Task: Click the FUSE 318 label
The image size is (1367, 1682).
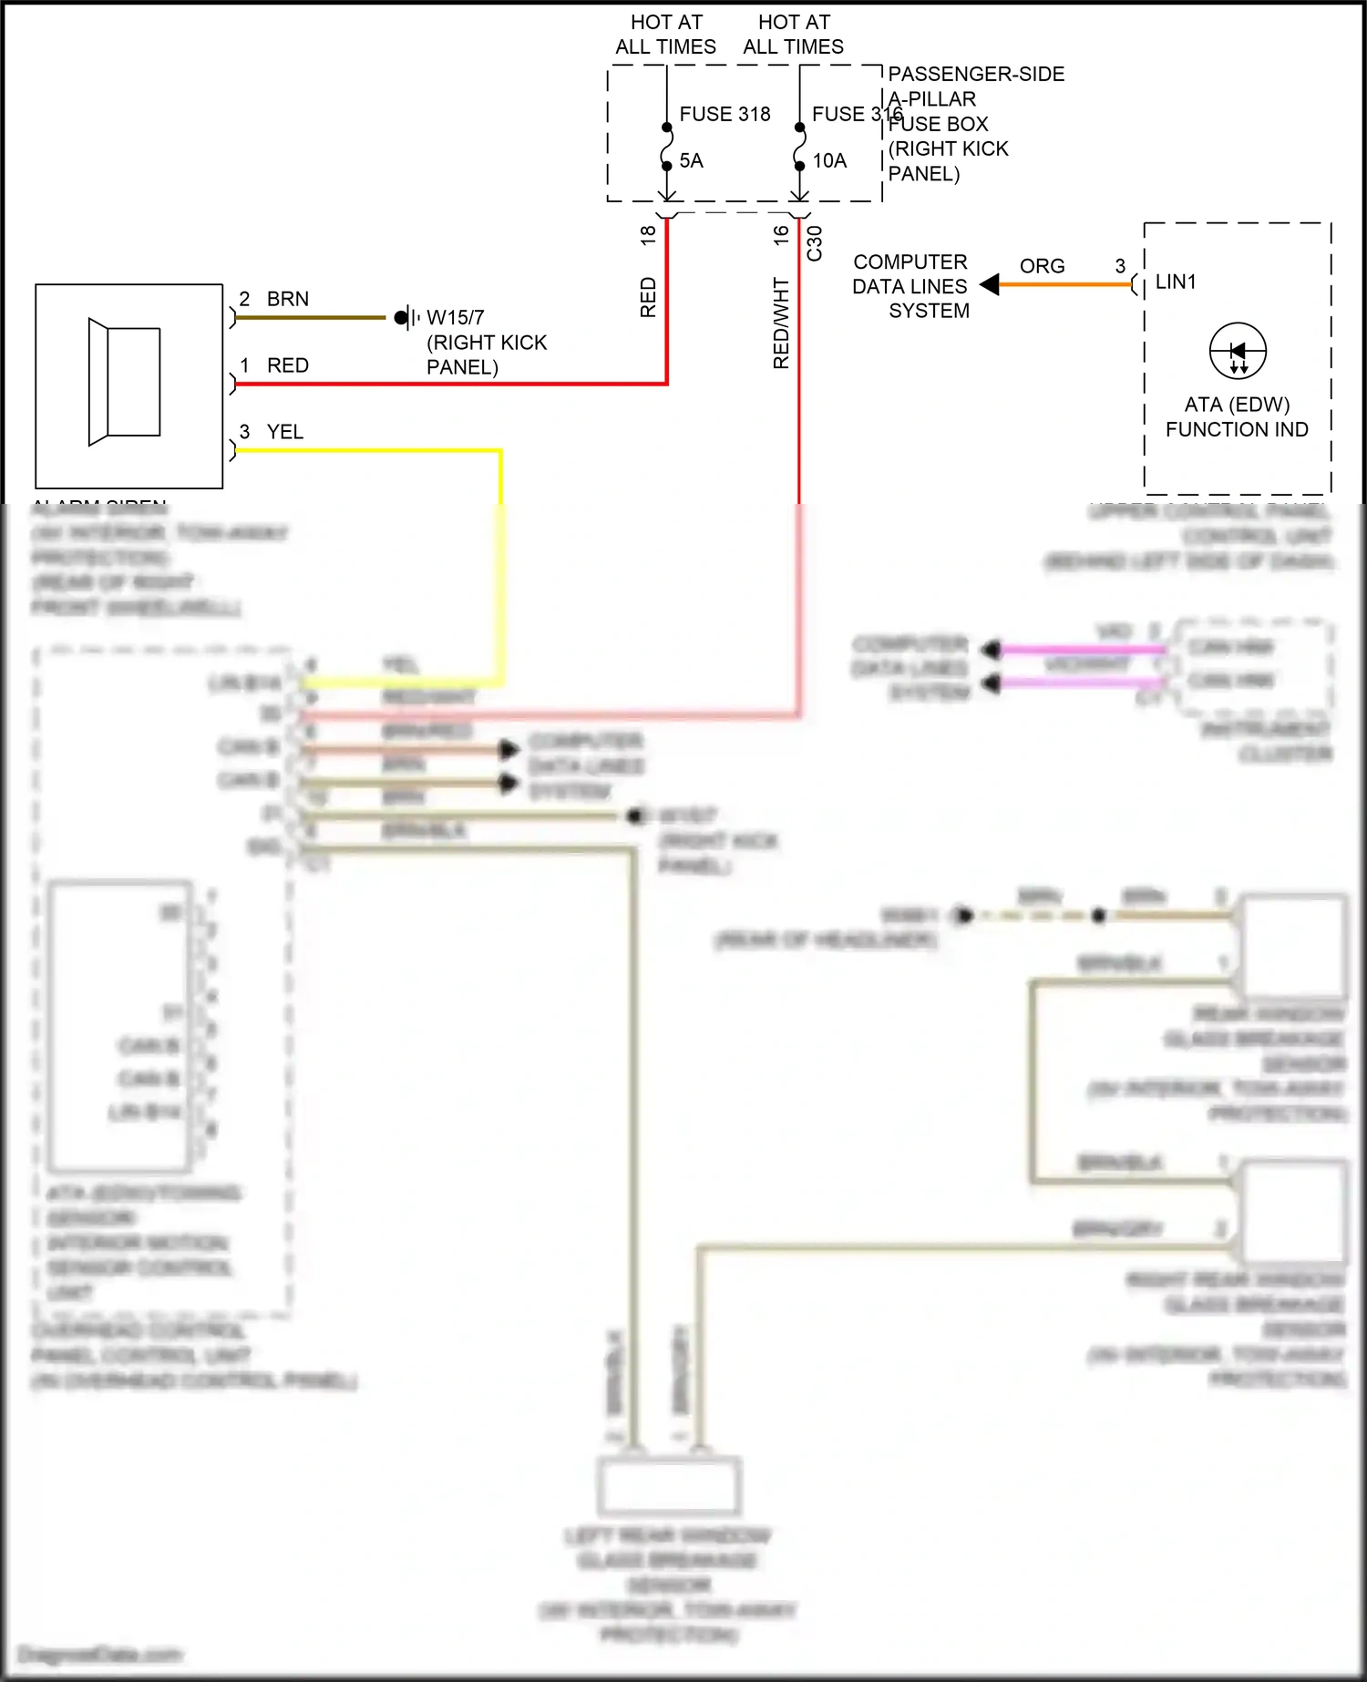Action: pos(725,114)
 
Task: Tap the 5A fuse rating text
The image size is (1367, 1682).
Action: pos(691,161)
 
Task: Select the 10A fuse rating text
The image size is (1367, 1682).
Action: pos(829,161)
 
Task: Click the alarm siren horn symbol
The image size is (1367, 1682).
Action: pos(125,382)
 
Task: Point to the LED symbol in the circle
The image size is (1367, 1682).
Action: pos(1238,352)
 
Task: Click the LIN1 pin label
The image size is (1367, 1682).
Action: pos(1175,282)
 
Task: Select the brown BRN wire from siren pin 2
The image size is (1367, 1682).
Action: pos(310,318)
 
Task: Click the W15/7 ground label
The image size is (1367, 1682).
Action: pos(456,318)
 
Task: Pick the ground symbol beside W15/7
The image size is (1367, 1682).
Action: pos(406,318)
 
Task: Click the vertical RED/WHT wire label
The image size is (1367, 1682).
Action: pos(781,323)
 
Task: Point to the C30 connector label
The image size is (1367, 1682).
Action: pos(815,243)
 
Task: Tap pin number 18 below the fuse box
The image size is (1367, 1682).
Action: pos(648,235)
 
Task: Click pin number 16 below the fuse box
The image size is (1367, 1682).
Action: pos(781,235)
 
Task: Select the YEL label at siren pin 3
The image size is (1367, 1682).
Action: pos(284,432)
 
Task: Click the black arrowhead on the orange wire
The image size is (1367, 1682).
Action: pos(990,285)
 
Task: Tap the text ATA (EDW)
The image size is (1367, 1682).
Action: pos(1237,405)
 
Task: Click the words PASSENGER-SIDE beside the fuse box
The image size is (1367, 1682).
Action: pos(976,74)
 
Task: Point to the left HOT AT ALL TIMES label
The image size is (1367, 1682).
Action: pos(666,35)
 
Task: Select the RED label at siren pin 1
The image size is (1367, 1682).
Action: pos(288,365)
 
